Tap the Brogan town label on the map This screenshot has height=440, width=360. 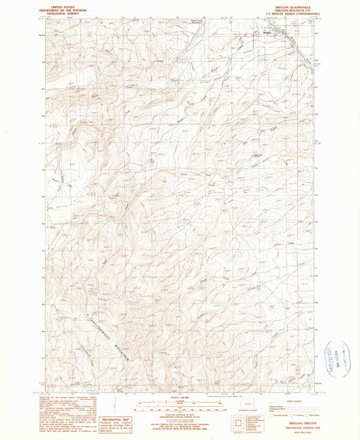tap(267, 30)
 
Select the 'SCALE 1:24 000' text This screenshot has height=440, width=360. tap(180, 395)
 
